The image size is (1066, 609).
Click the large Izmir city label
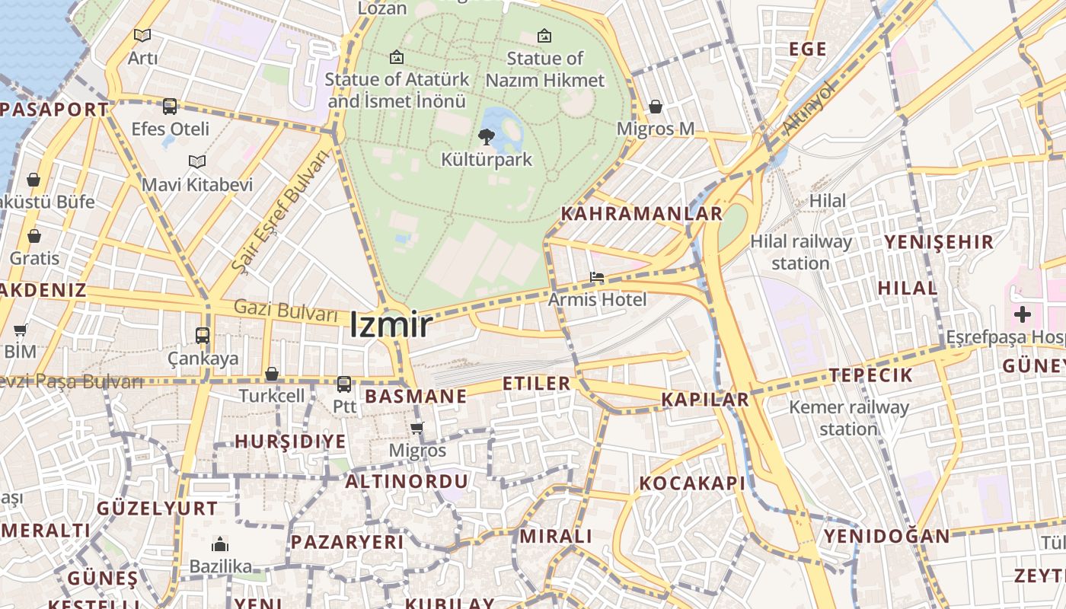pos(391,326)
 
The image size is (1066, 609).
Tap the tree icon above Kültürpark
pos(486,137)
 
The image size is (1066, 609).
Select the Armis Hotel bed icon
pos(597,278)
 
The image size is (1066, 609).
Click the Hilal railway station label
pos(800,252)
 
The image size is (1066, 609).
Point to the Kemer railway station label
pos(848,418)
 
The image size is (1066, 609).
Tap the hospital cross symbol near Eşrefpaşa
pos(1023,314)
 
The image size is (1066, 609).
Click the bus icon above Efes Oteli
pos(170,106)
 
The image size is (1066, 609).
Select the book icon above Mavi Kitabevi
pos(197,161)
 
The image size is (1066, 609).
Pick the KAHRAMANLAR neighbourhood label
pos(641,214)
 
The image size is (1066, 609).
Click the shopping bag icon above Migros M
pos(656,107)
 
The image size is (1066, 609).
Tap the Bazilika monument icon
pos(220,544)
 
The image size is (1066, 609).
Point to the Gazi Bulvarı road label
pos(286,311)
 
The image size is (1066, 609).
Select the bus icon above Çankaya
pos(203,335)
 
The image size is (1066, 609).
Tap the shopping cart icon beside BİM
pos(21,330)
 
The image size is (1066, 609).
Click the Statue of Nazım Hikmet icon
pos(544,36)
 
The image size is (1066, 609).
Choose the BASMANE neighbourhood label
pos(416,397)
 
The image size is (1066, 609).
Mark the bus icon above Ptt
pos(344,384)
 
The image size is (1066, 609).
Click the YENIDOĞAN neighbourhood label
pos(887,537)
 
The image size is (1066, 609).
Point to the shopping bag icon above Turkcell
pos(272,374)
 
